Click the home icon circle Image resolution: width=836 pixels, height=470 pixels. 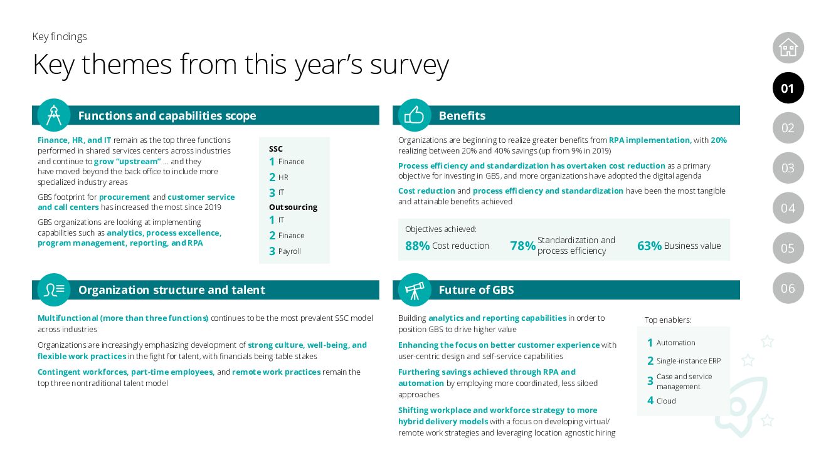coord(788,48)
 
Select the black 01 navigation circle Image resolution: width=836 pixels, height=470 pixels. coord(788,88)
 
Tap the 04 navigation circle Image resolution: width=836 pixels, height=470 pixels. coord(788,208)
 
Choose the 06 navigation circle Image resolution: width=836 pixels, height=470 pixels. coord(788,288)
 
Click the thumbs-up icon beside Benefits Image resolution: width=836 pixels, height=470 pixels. coord(415,115)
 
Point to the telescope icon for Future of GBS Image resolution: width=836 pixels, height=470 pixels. coord(415,290)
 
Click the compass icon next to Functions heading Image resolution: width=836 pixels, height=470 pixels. coord(54,115)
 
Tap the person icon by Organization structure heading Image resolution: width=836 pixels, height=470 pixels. coord(54,290)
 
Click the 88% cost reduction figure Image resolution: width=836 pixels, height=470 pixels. coord(417,246)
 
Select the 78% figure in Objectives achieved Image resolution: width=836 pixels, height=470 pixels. coord(522,246)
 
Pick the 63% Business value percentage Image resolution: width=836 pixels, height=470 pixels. coord(649,246)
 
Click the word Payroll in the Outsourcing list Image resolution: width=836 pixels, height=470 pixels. coord(290,251)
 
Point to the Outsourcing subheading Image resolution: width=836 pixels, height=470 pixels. coord(293,207)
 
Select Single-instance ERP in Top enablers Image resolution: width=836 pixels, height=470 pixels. coord(688,361)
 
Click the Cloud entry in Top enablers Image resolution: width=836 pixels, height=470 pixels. coord(666,401)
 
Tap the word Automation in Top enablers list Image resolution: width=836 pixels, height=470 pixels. coord(675,343)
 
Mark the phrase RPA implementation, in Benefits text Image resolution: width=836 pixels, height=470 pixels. coord(650,140)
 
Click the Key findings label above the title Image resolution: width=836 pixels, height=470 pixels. coord(60,36)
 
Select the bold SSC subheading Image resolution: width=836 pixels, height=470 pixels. coord(276,149)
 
